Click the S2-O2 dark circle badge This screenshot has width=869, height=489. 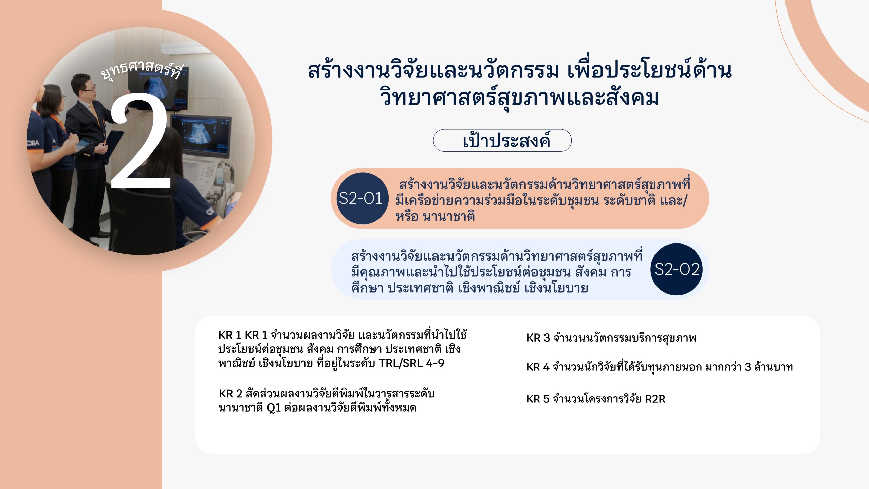(x=677, y=269)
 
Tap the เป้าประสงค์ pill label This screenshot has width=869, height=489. (x=502, y=140)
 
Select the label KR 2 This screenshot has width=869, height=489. (x=230, y=394)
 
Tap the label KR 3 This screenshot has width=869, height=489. (x=538, y=338)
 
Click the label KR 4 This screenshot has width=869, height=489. (x=538, y=367)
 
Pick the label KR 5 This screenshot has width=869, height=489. (x=538, y=399)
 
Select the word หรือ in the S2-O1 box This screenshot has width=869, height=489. (x=407, y=216)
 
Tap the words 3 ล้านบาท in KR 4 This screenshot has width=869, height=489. (x=769, y=367)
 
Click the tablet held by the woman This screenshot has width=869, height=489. (x=82, y=146)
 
